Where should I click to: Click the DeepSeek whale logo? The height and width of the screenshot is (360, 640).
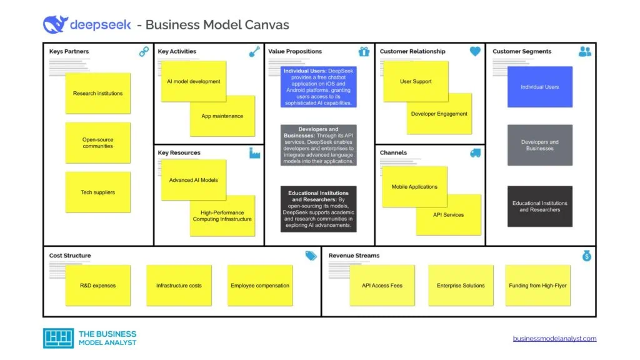[x=55, y=24]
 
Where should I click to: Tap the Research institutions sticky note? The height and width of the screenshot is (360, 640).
[x=97, y=94]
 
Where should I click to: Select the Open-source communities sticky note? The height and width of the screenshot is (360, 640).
[x=97, y=142]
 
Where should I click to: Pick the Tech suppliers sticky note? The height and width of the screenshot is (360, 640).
[x=97, y=192]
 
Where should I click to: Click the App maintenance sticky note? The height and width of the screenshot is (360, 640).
[x=222, y=116]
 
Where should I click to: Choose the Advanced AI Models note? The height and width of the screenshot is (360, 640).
[x=193, y=180]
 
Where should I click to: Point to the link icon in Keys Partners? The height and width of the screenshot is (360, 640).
[x=144, y=52]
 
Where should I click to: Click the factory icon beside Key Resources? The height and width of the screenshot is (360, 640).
[x=254, y=153]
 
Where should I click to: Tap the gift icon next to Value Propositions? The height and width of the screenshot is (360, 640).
[x=364, y=52]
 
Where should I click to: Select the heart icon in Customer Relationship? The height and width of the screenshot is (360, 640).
[x=475, y=52]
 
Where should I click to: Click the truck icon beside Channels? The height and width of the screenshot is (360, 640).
[x=474, y=152]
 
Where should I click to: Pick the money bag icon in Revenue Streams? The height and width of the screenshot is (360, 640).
[x=586, y=256]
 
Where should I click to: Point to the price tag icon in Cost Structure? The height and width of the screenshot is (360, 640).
[x=311, y=256]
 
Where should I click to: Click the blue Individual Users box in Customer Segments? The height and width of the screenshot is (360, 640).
[x=539, y=87]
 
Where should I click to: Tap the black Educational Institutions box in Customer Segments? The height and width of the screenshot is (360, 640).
[x=539, y=206]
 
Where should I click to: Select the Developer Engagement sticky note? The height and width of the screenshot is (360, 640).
[x=439, y=114]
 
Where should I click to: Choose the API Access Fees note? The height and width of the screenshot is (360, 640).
[x=382, y=286]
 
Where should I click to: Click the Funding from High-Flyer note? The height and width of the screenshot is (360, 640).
[x=537, y=286]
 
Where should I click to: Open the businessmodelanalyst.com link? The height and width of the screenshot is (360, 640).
[x=554, y=339]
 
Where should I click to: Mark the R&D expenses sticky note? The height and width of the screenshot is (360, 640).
[x=97, y=286]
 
